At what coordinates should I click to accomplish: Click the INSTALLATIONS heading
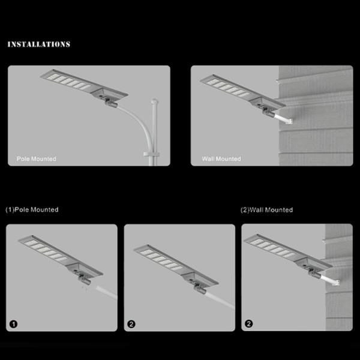coord(39,44)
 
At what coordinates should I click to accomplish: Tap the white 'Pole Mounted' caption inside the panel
coord(37,159)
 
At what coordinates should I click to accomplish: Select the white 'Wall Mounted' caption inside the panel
coord(221,159)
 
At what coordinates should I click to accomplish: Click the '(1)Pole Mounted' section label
coord(32,209)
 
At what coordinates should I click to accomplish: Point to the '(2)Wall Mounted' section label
coord(266,210)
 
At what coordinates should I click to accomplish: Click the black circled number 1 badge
coord(13,324)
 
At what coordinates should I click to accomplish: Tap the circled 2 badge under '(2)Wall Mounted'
coord(248,324)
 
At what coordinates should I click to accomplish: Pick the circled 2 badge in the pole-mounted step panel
coord(131,324)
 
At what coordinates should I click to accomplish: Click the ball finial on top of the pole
coord(155,101)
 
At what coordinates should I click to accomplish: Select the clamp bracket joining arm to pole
coord(151,154)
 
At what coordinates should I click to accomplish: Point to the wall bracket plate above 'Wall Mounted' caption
coord(289,121)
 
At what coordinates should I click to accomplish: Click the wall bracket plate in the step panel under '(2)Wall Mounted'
coord(337,283)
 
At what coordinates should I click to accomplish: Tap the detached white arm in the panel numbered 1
coord(107,293)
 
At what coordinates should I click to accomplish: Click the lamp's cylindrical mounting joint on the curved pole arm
coord(112,103)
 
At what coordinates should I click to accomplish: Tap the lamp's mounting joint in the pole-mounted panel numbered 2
coord(200,289)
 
